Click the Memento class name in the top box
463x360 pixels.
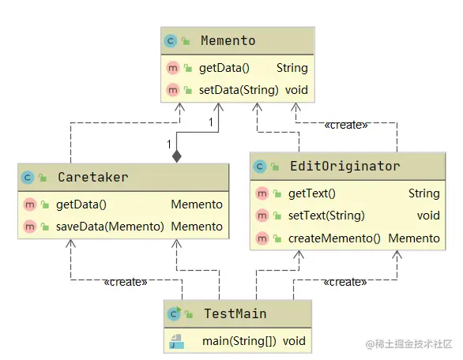tap(228, 40)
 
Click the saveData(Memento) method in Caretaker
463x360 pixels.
tap(110, 227)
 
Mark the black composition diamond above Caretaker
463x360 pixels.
tap(177, 156)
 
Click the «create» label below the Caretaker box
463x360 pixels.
tap(126, 282)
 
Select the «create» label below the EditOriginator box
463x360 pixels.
tap(345, 282)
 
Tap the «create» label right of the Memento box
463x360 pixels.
tap(346, 125)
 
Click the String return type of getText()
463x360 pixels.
tap(423, 193)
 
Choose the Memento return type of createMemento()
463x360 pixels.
tap(414, 238)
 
